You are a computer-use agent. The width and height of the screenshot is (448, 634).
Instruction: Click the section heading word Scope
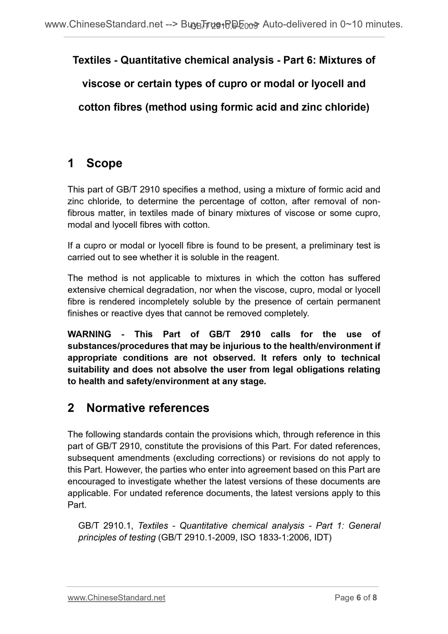[104, 163]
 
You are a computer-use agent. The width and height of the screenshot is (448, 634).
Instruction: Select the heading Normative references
[148, 408]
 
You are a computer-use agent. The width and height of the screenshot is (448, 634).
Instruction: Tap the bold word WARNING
[89, 334]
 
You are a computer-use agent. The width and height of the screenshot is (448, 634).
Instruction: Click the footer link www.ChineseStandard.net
[116, 598]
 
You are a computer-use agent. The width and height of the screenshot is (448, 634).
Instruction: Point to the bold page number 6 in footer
[359, 598]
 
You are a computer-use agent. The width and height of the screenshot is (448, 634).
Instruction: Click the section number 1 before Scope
[71, 163]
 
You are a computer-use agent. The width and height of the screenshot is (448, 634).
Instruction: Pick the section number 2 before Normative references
[71, 408]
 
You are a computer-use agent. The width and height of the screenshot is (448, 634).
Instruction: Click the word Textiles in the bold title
[92, 60]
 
